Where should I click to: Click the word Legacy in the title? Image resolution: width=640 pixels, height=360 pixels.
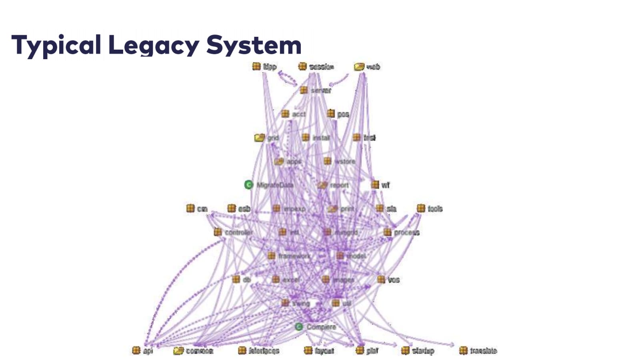(154, 45)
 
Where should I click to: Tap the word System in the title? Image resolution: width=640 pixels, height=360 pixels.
(254, 45)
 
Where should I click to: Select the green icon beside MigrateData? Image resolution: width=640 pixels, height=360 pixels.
(249, 185)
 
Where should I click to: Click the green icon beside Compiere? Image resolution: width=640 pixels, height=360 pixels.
(299, 327)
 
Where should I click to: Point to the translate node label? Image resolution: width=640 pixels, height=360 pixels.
(483, 351)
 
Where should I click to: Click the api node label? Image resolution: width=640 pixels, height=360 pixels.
(148, 351)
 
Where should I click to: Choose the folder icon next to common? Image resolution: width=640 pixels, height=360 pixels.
(178, 351)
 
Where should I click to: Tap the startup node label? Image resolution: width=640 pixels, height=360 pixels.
(423, 351)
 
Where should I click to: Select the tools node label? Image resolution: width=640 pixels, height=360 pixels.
(435, 208)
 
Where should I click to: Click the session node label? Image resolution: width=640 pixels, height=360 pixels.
(321, 66)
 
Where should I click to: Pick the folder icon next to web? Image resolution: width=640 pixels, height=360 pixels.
(359, 66)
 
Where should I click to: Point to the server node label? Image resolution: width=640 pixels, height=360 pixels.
(321, 90)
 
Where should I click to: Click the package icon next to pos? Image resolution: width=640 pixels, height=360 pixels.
(331, 114)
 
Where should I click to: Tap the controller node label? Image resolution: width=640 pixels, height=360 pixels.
(238, 232)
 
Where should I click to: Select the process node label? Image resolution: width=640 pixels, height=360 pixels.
(406, 232)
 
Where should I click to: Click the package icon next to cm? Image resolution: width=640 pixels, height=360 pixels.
(190, 208)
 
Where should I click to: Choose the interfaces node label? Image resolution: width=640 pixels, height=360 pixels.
(264, 351)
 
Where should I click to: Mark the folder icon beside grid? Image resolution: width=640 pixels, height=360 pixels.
(260, 138)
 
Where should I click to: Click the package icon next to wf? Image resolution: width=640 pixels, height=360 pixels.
(375, 185)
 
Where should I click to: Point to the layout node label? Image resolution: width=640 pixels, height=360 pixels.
(324, 351)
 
